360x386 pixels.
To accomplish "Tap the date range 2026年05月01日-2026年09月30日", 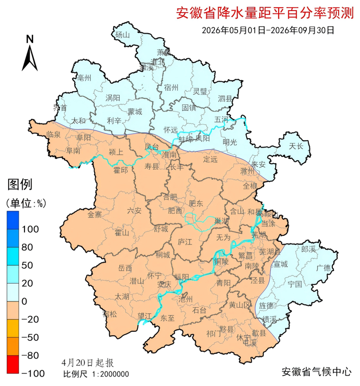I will (x=268, y=30).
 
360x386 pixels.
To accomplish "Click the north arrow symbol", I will (x=30, y=53).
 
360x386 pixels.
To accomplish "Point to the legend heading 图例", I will (x=20, y=184).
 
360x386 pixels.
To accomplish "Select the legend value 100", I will (x=31, y=229).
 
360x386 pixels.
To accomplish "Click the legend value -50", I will (x=31, y=337).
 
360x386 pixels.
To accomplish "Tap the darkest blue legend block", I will (x=14, y=219).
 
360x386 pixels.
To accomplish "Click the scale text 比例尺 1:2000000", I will (x=96, y=373).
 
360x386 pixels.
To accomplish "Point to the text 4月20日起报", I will (x=88, y=362).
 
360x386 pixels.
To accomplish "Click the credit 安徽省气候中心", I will (x=317, y=372).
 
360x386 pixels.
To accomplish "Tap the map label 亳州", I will (x=85, y=78).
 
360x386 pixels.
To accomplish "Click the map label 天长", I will (x=296, y=147).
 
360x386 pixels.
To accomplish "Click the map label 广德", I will (x=324, y=267).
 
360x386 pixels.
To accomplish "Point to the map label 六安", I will (x=134, y=210).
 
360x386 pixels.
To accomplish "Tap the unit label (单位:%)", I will (x=26, y=203).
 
